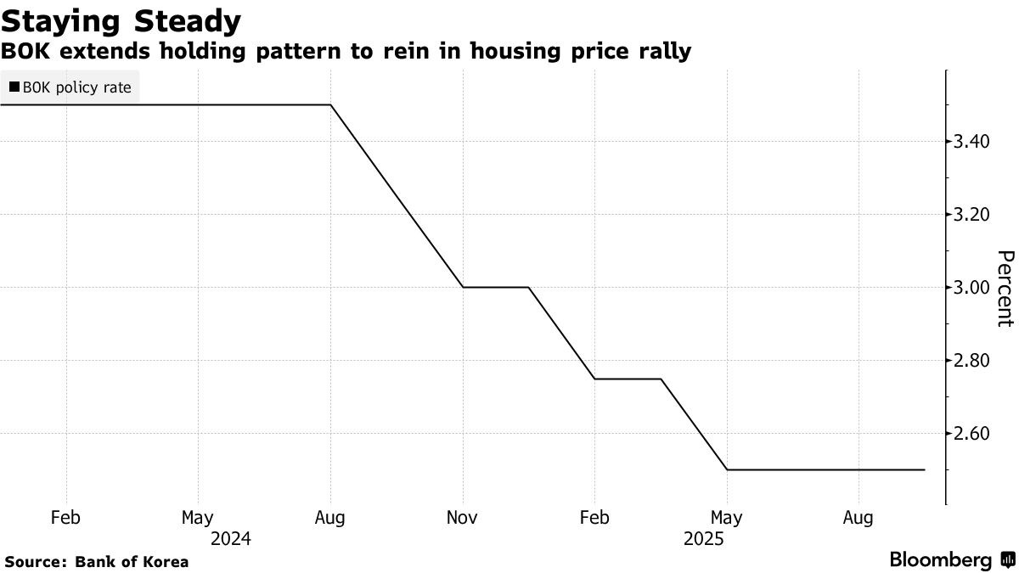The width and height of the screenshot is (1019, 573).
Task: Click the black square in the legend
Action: pyautogui.click(x=14, y=87)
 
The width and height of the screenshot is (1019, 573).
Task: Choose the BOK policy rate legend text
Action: pyautogui.click(x=76, y=87)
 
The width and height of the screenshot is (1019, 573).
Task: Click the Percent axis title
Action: pyautogui.click(x=1005, y=288)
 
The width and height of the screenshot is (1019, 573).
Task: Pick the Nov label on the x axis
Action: pyautogui.click(x=462, y=517)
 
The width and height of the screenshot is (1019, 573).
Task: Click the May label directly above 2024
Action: pyautogui.click(x=198, y=517)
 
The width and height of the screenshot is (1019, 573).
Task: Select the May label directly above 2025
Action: pyautogui.click(x=726, y=517)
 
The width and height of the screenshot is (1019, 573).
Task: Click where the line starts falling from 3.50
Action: pyautogui.click(x=330, y=104)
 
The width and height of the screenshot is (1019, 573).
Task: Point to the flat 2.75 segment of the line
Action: pyautogui.click(x=628, y=379)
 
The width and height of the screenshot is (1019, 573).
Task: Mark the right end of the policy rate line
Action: pyautogui.click(x=924, y=469)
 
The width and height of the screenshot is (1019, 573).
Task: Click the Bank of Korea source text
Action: pyautogui.click(x=132, y=561)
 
